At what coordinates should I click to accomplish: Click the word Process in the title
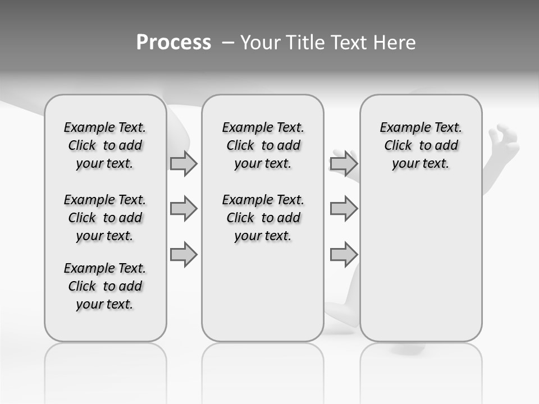pyautogui.click(x=173, y=43)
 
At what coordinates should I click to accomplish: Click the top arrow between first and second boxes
pyautogui.click(x=184, y=163)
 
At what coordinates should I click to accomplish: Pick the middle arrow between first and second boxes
pyautogui.click(x=184, y=209)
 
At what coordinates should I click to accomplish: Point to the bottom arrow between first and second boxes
pyautogui.click(x=184, y=255)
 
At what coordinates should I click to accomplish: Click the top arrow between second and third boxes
pyautogui.click(x=344, y=163)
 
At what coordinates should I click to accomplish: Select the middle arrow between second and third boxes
pyautogui.click(x=344, y=209)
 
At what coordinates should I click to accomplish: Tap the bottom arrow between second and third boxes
pyautogui.click(x=344, y=255)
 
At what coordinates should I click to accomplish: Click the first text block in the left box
pyautogui.click(x=105, y=145)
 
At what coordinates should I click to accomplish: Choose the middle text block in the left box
pyautogui.click(x=105, y=218)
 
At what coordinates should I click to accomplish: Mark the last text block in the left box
pyautogui.click(x=105, y=286)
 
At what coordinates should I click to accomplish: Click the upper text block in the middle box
pyautogui.click(x=263, y=145)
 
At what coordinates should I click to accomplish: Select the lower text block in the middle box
pyautogui.click(x=263, y=218)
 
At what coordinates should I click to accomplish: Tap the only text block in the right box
pyautogui.click(x=421, y=145)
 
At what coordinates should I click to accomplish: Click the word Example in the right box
pyautogui.click(x=401, y=128)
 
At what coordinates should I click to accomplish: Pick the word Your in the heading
pyautogui.click(x=260, y=43)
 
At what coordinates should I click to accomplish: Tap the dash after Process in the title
pyautogui.click(x=228, y=43)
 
